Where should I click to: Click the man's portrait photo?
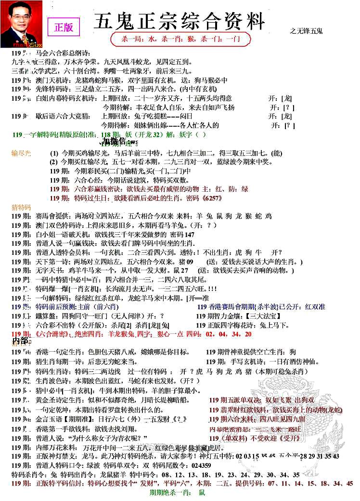tap(21, 24)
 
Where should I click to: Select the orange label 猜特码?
tap(21, 207)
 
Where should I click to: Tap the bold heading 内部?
tap(20, 341)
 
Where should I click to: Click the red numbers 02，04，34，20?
tap(228, 333)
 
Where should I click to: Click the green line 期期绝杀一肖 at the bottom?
tap(178, 493)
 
